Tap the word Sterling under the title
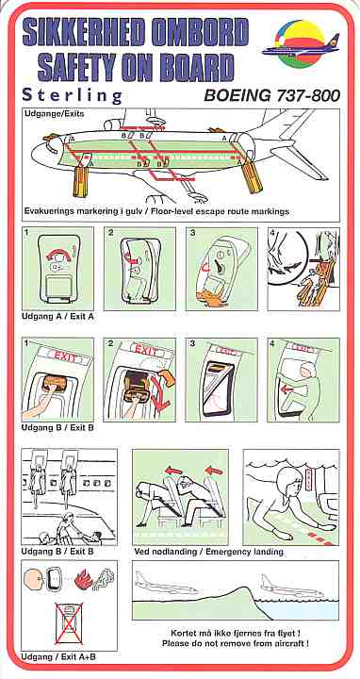[73, 95]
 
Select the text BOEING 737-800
[271, 95]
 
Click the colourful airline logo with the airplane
[301, 43]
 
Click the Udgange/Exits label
[55, 114]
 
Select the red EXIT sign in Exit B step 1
[64, 357]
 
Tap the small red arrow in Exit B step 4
[286, 389]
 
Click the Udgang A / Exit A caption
[57, 317]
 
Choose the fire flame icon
[81, 580]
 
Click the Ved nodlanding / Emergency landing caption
[208, 552]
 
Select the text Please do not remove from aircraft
[235, 643]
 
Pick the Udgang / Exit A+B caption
[58, 657]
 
